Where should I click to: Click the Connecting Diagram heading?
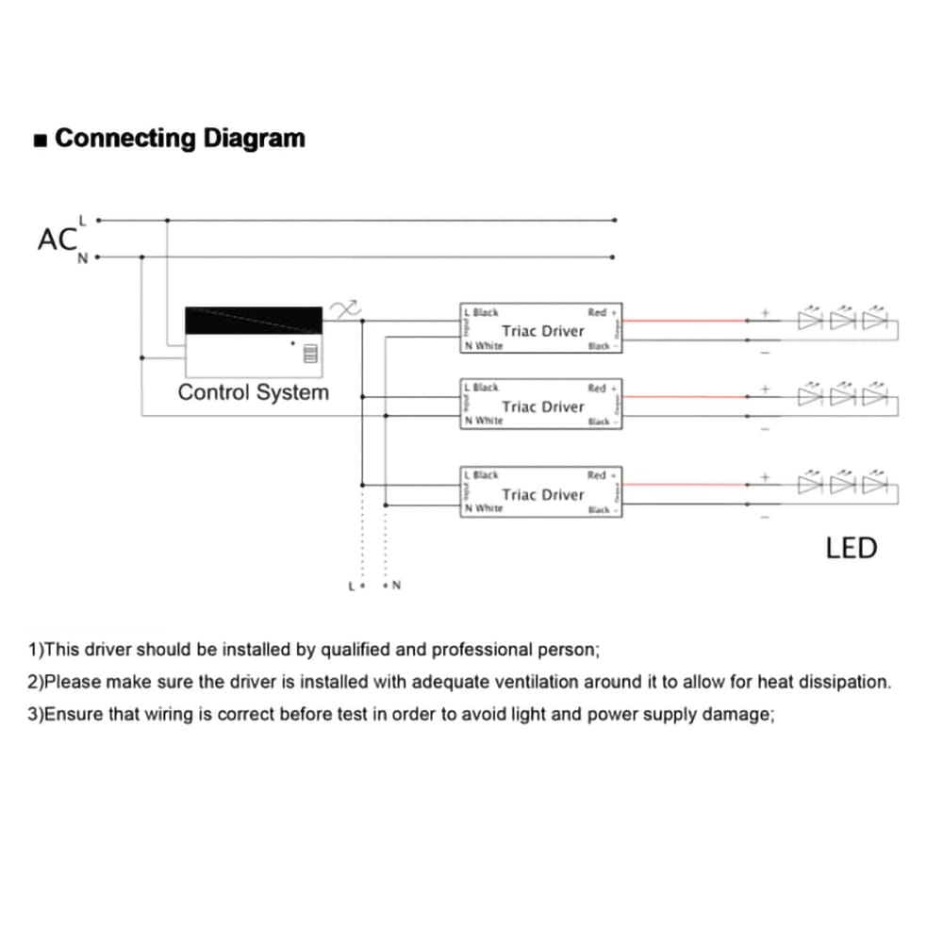(x=180, y=138)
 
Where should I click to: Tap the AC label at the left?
(x=57, y=240)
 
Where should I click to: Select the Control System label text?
(x=254, y=392)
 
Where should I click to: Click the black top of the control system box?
(x=254, y=320)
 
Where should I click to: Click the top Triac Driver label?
(x=543, y=331)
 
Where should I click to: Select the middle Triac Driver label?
(x=543, y=406)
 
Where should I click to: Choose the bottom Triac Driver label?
(x=543, y=494)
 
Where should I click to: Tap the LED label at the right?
(x=851, y=548)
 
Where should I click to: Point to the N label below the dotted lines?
(x=396, y=586)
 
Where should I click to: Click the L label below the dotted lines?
(x=352, y=586)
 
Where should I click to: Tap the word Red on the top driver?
(x=598, y=312)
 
